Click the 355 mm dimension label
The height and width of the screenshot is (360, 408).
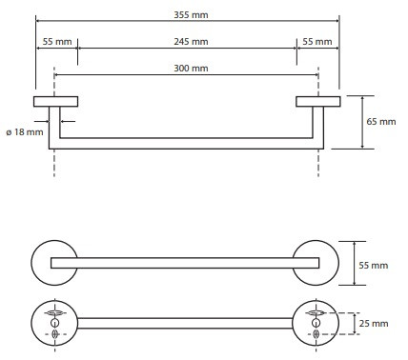tap(191, 15)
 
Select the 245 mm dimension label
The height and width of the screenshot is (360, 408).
tap(191, 42)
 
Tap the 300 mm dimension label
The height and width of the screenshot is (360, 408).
tap(191, 69)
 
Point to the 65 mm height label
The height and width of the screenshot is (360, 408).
tap(381, 122)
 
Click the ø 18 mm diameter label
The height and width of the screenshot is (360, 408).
tap(25, 131)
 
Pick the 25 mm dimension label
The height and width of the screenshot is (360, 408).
tap(374, 324)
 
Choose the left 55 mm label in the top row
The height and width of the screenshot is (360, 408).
tap(57, 42)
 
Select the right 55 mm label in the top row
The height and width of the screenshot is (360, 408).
tap(317, 42)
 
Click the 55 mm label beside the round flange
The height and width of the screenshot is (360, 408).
tap(374, 265)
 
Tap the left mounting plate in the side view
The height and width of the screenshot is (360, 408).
tap(56, 101)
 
